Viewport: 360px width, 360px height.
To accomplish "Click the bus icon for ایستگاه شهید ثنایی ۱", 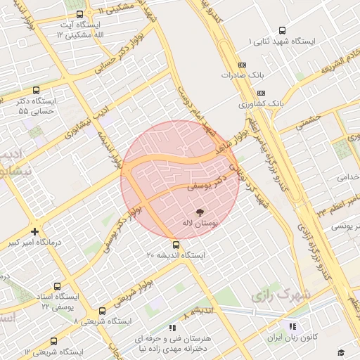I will click(282, 30).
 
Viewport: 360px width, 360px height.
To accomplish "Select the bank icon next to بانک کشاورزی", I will click(260, 93).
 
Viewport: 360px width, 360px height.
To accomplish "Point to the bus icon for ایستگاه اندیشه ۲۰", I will click(176, 245).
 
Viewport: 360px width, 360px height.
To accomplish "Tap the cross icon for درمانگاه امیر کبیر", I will click(35, 231).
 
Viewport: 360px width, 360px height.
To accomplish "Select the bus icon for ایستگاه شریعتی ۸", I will click(103, 311).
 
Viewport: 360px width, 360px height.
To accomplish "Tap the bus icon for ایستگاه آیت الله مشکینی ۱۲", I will click(79, 13).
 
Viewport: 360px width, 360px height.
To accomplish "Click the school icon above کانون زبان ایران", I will click(292, 326).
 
